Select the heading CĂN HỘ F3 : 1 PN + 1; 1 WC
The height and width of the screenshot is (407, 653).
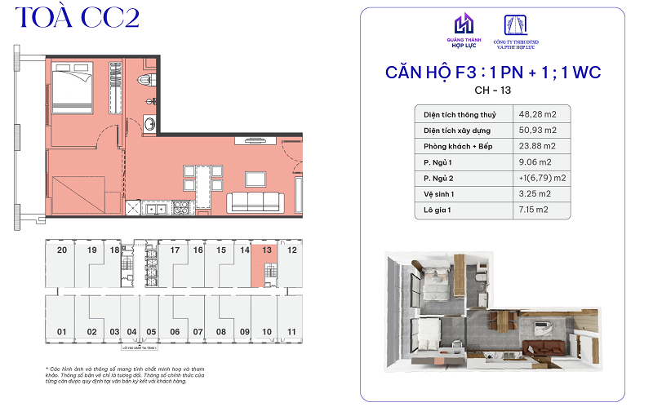tap(492, 73)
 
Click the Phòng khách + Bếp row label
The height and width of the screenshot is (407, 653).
tap(459, 146)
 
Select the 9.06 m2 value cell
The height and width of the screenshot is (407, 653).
tap(536, 161)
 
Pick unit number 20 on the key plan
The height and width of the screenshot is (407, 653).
tap(62, 250)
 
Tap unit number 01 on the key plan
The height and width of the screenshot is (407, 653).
tap(60, 332)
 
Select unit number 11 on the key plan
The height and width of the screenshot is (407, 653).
tap(291, 332)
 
